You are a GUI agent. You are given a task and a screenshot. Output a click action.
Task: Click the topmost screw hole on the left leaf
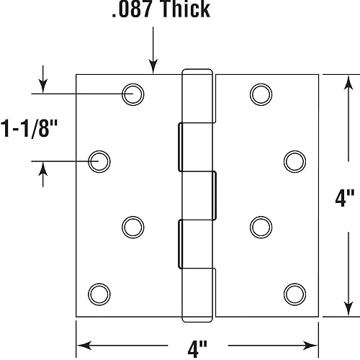point(132,93)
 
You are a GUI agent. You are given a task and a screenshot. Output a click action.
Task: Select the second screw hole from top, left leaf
point(99,161)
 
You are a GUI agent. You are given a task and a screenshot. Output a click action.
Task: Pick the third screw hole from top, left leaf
point(132,226)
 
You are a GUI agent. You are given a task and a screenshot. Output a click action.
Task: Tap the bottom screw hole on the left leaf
point(99,293)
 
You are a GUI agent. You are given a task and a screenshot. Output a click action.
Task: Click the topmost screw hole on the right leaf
point(261,93)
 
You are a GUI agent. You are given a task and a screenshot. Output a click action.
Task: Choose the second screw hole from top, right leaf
point(294,161)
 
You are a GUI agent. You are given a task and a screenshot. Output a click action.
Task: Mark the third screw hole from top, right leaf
point(261,226)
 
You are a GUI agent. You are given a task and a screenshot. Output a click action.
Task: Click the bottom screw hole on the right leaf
point(294,293)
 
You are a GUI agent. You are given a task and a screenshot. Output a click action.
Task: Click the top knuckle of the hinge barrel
point(197,97)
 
